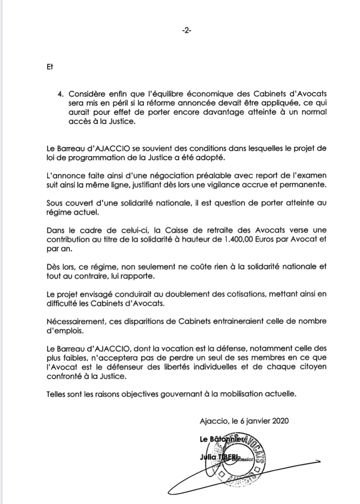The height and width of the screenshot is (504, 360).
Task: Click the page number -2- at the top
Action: (187, 31)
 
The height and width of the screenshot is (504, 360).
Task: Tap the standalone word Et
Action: (50, 67)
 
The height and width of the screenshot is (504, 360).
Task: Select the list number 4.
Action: (61, 94)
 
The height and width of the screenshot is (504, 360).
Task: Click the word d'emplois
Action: (63, 331)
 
